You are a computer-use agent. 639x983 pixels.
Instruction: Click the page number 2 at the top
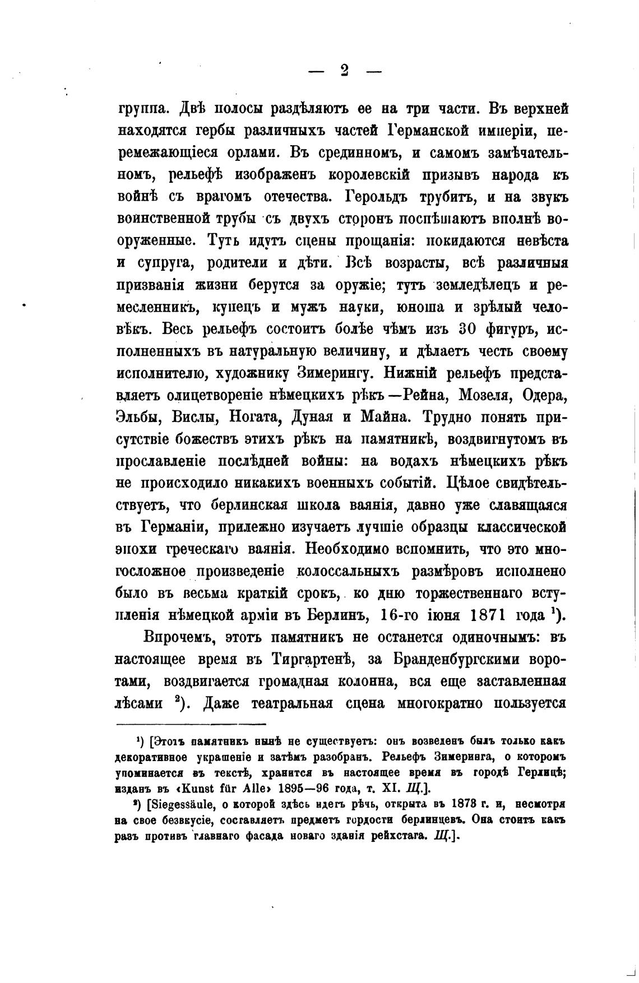344,71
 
